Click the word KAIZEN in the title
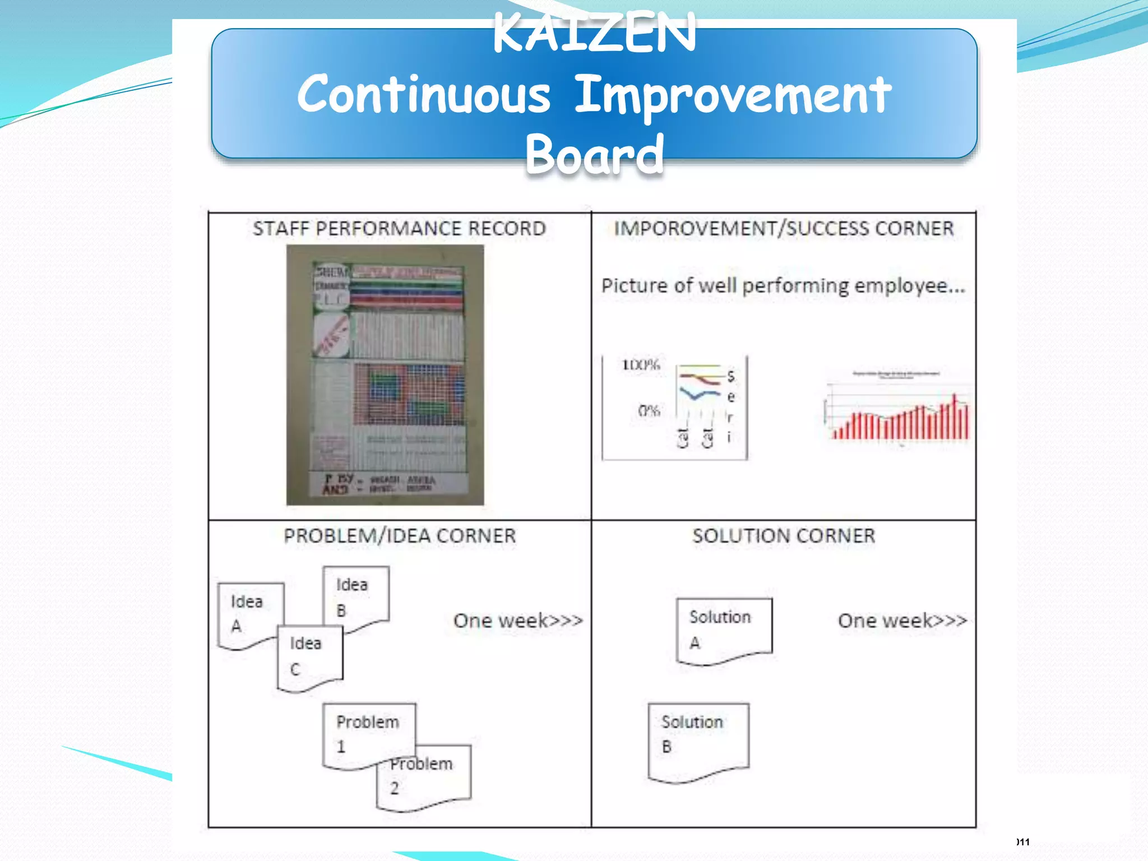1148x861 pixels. coord(594,34)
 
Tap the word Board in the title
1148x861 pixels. coord(594,154)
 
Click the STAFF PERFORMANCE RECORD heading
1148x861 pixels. coord(399,229)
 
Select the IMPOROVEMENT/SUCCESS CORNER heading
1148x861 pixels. coord(784,229)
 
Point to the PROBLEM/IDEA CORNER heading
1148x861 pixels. coord(399,536)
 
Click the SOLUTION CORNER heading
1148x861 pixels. coord(784,536)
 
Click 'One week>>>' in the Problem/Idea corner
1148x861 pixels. coord(518,621)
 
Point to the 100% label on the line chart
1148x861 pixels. coord(641,365)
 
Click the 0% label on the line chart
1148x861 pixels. coord(649,411)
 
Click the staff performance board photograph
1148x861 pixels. coord(385,374)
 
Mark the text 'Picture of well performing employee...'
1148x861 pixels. coord(783,286)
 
